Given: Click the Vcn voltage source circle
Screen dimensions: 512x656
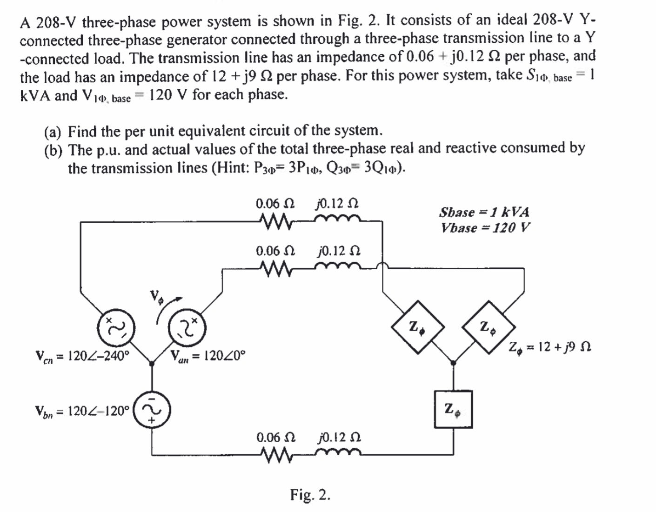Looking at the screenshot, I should [x=114, y=327].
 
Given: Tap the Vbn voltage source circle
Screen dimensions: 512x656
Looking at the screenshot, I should [x=151, y=411].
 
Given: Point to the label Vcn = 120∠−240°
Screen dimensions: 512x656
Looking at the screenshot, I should [x=82, y=356].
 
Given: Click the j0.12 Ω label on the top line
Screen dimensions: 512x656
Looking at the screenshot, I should [x=337, y=204].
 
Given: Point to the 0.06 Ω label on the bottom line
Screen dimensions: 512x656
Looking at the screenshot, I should [x=275, y=438].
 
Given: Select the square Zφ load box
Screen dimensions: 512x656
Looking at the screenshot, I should [x=453, y=409].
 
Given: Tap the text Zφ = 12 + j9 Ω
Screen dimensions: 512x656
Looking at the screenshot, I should [x=549, y=347].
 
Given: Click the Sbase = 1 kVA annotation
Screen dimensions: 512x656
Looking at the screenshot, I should [x=484, y=212].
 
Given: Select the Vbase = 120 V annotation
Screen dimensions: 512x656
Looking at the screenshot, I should [x=485, y=228].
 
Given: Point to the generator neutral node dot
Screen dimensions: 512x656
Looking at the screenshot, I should [x=151, y=364].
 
